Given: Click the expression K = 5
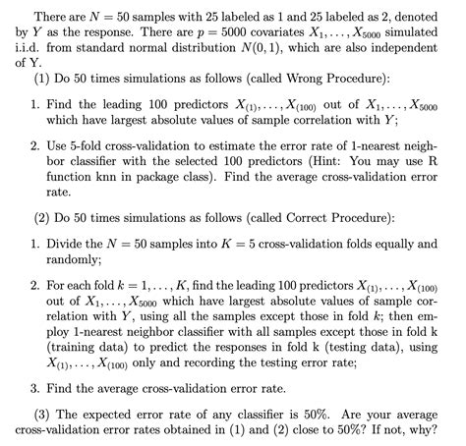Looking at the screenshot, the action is click(253, 243).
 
